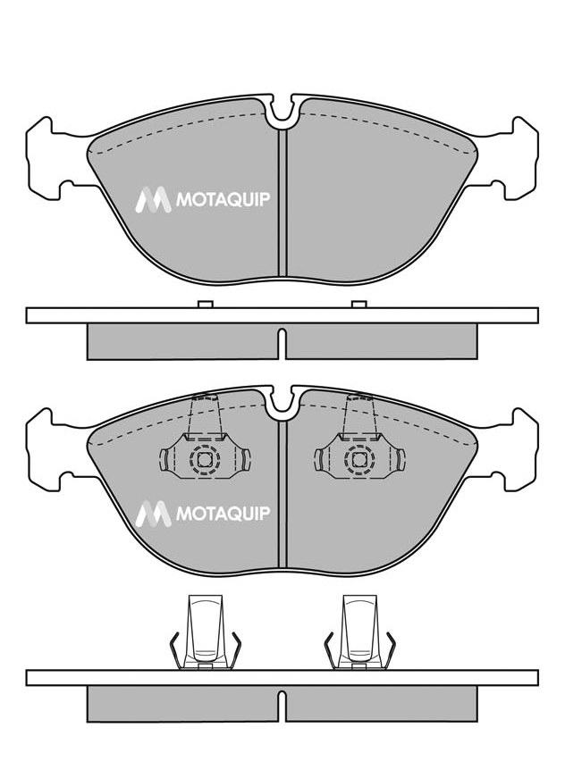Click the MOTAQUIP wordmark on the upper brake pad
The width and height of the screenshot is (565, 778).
[223, 199]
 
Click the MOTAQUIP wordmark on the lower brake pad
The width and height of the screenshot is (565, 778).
[223, 513]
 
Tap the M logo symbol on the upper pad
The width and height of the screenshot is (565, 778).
[153, 200]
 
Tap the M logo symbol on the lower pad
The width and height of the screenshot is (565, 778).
[153, 514]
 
